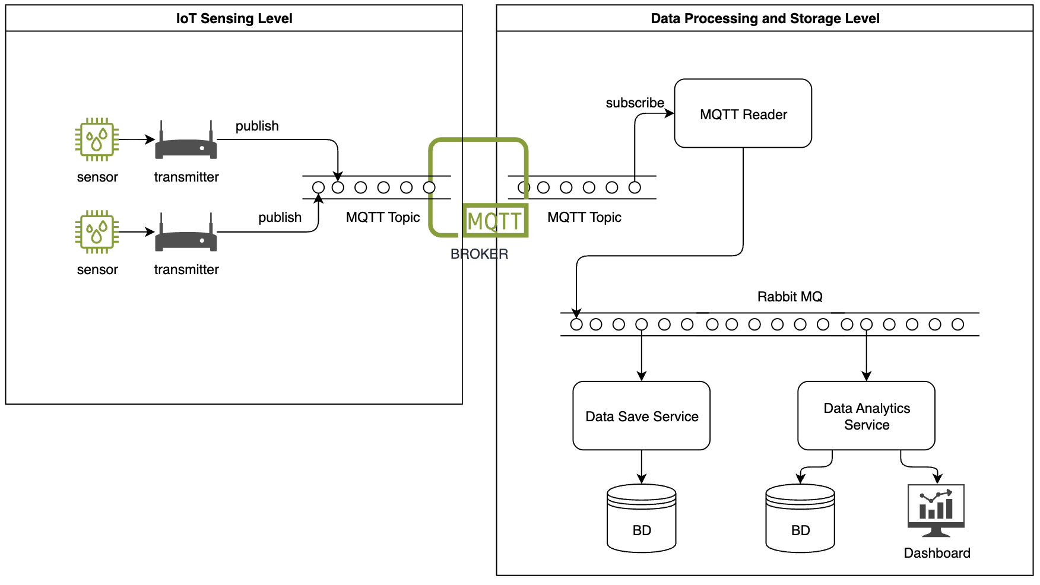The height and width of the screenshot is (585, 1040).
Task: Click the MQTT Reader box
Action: [x=743, y=113]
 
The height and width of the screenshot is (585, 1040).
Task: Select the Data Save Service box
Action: [x=641, y=416]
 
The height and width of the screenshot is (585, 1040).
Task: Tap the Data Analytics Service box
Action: [x=866, y=416]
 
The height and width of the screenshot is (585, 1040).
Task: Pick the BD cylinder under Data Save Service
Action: [x=641, y=519]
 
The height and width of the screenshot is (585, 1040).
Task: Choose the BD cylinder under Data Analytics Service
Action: [x=800, y=519]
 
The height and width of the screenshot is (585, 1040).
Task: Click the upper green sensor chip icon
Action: [x=97, y=139]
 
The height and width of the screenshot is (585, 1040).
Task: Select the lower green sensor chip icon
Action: [x=97, y=232]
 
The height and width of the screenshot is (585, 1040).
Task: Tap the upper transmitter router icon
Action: [x=186, y=142]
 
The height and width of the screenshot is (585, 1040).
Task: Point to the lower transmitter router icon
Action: [x=186, y=235]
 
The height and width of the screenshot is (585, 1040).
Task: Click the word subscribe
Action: [x=635, y=103]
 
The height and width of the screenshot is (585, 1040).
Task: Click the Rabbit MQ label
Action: [x=789, y=297]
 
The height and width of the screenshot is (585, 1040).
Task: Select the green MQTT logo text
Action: [x=494, y=221]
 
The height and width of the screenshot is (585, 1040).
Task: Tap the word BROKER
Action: [x=479, y=254]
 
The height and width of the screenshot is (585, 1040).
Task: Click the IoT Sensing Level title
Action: [x=234, y=18]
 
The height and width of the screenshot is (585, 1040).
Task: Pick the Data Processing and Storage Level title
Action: [x=765, y=18]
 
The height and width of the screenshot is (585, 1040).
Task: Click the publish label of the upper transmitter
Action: [x=257, y=126]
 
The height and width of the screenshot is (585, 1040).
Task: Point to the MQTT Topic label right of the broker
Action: [x=584, y=217]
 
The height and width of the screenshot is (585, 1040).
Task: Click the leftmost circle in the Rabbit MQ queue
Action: [x=576, y=325]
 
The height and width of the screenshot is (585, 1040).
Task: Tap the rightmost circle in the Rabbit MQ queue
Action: [x=957, y=325]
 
